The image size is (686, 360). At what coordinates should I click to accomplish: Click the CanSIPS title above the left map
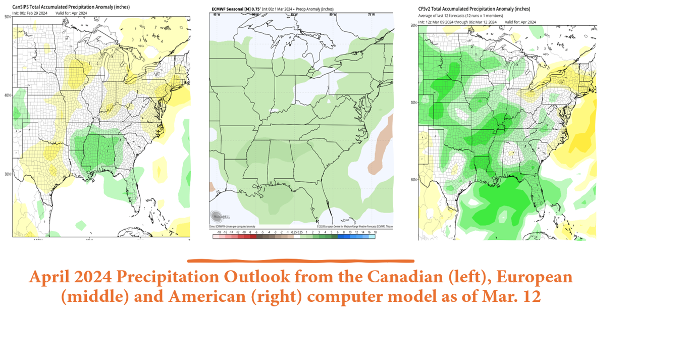(x=71, y=7)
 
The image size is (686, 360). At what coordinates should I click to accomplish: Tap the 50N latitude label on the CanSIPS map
(x=8, y=17)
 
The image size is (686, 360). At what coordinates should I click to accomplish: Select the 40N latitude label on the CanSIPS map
(x=8, y=95)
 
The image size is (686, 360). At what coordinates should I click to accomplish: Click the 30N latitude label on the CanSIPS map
(x=8, y=174)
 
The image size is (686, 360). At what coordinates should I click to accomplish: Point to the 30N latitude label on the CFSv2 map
(x=413, y=180)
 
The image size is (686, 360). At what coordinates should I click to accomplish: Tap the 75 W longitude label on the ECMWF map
(x=371, y=15)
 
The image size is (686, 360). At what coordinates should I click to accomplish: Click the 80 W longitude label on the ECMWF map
(x=333, y=15)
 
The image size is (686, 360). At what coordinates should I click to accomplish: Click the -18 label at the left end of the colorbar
(x=218, y=232)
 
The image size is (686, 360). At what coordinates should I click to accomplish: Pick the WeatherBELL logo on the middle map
(x=217, y=216)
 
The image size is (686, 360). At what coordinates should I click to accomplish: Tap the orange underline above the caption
(x=300, y=261)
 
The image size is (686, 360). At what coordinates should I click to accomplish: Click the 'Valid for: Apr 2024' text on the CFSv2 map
(x=520, y=22)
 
